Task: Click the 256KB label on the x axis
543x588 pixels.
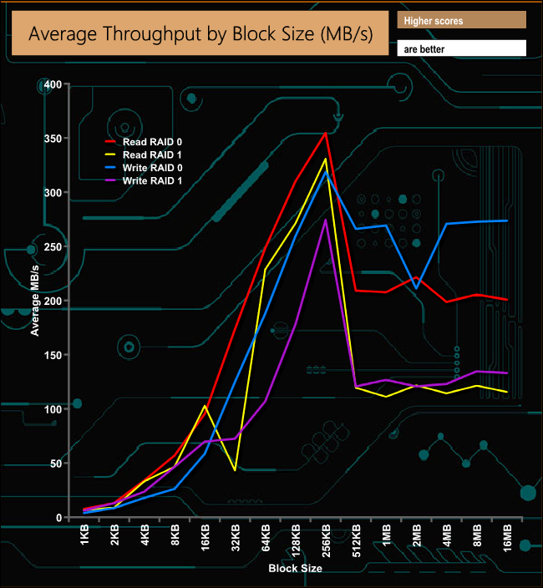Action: (x=326, y=543)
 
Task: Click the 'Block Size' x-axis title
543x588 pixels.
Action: (x=295, y=569)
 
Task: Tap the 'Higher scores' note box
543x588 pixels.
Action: (x=461, y=20)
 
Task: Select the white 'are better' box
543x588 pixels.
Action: (x=461, y=48)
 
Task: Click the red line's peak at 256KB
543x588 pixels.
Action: (x=326, y=132)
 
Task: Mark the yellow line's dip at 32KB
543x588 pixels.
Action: (x=236, y=470)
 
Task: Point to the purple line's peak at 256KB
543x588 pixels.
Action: (x=326, y=220)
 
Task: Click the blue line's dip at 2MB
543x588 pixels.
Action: (x=416, y=288)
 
